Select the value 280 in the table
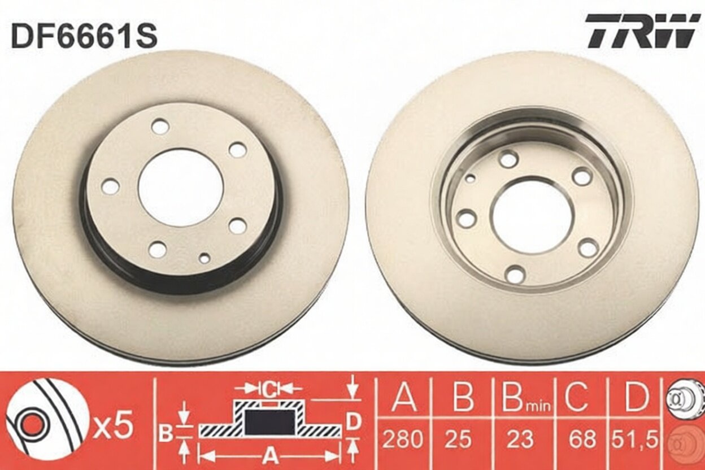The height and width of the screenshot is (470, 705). click(403, 438)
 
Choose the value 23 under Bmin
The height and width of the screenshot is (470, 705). click(521, 438)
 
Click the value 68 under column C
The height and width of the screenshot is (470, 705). click(582, 438)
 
